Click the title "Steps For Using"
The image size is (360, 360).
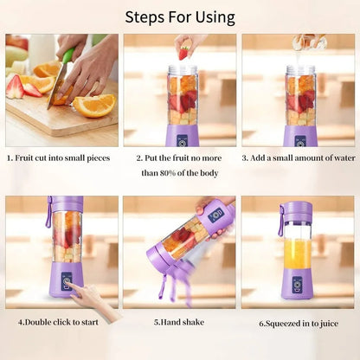coord(179,16)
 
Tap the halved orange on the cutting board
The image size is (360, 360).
coord(95,105)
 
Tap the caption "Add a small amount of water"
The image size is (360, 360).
coord(299,158)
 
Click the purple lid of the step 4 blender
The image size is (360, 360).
coord(66,204)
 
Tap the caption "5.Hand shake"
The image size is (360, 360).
coord(179,323)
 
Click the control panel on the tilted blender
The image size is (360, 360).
coord(216,215)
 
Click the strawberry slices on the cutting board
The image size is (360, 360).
coord(26,87)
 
